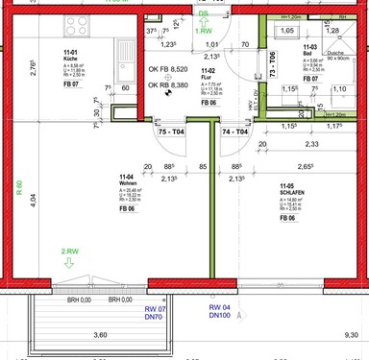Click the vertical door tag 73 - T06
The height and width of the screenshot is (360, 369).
coord(273,62)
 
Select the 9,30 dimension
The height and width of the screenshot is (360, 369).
coord(356,333)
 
